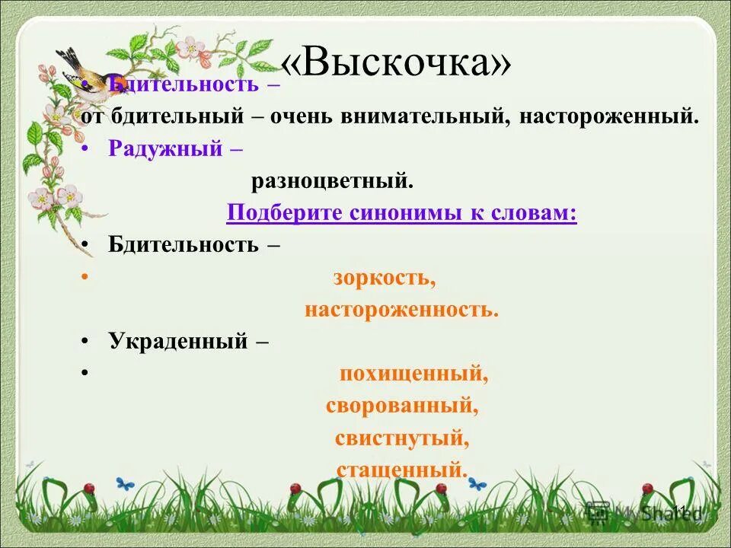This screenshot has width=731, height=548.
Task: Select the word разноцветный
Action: (x=333, y=181)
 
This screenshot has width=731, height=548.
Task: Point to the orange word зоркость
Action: (x=384, y=278)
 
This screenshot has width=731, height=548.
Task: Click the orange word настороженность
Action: (x=401, y=311)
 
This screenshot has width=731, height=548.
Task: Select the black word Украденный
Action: (x=178, y=341)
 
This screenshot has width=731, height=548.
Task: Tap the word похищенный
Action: (x=413, y=374)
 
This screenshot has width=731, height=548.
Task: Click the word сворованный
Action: (x=402, y=406)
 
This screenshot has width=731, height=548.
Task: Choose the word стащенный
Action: (x=401, y=469)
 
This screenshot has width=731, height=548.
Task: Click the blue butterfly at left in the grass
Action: (x=124, y=483)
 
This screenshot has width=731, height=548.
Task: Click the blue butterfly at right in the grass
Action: (x=477, y=483)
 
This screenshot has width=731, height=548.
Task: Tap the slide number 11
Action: (x=680, y=511)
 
